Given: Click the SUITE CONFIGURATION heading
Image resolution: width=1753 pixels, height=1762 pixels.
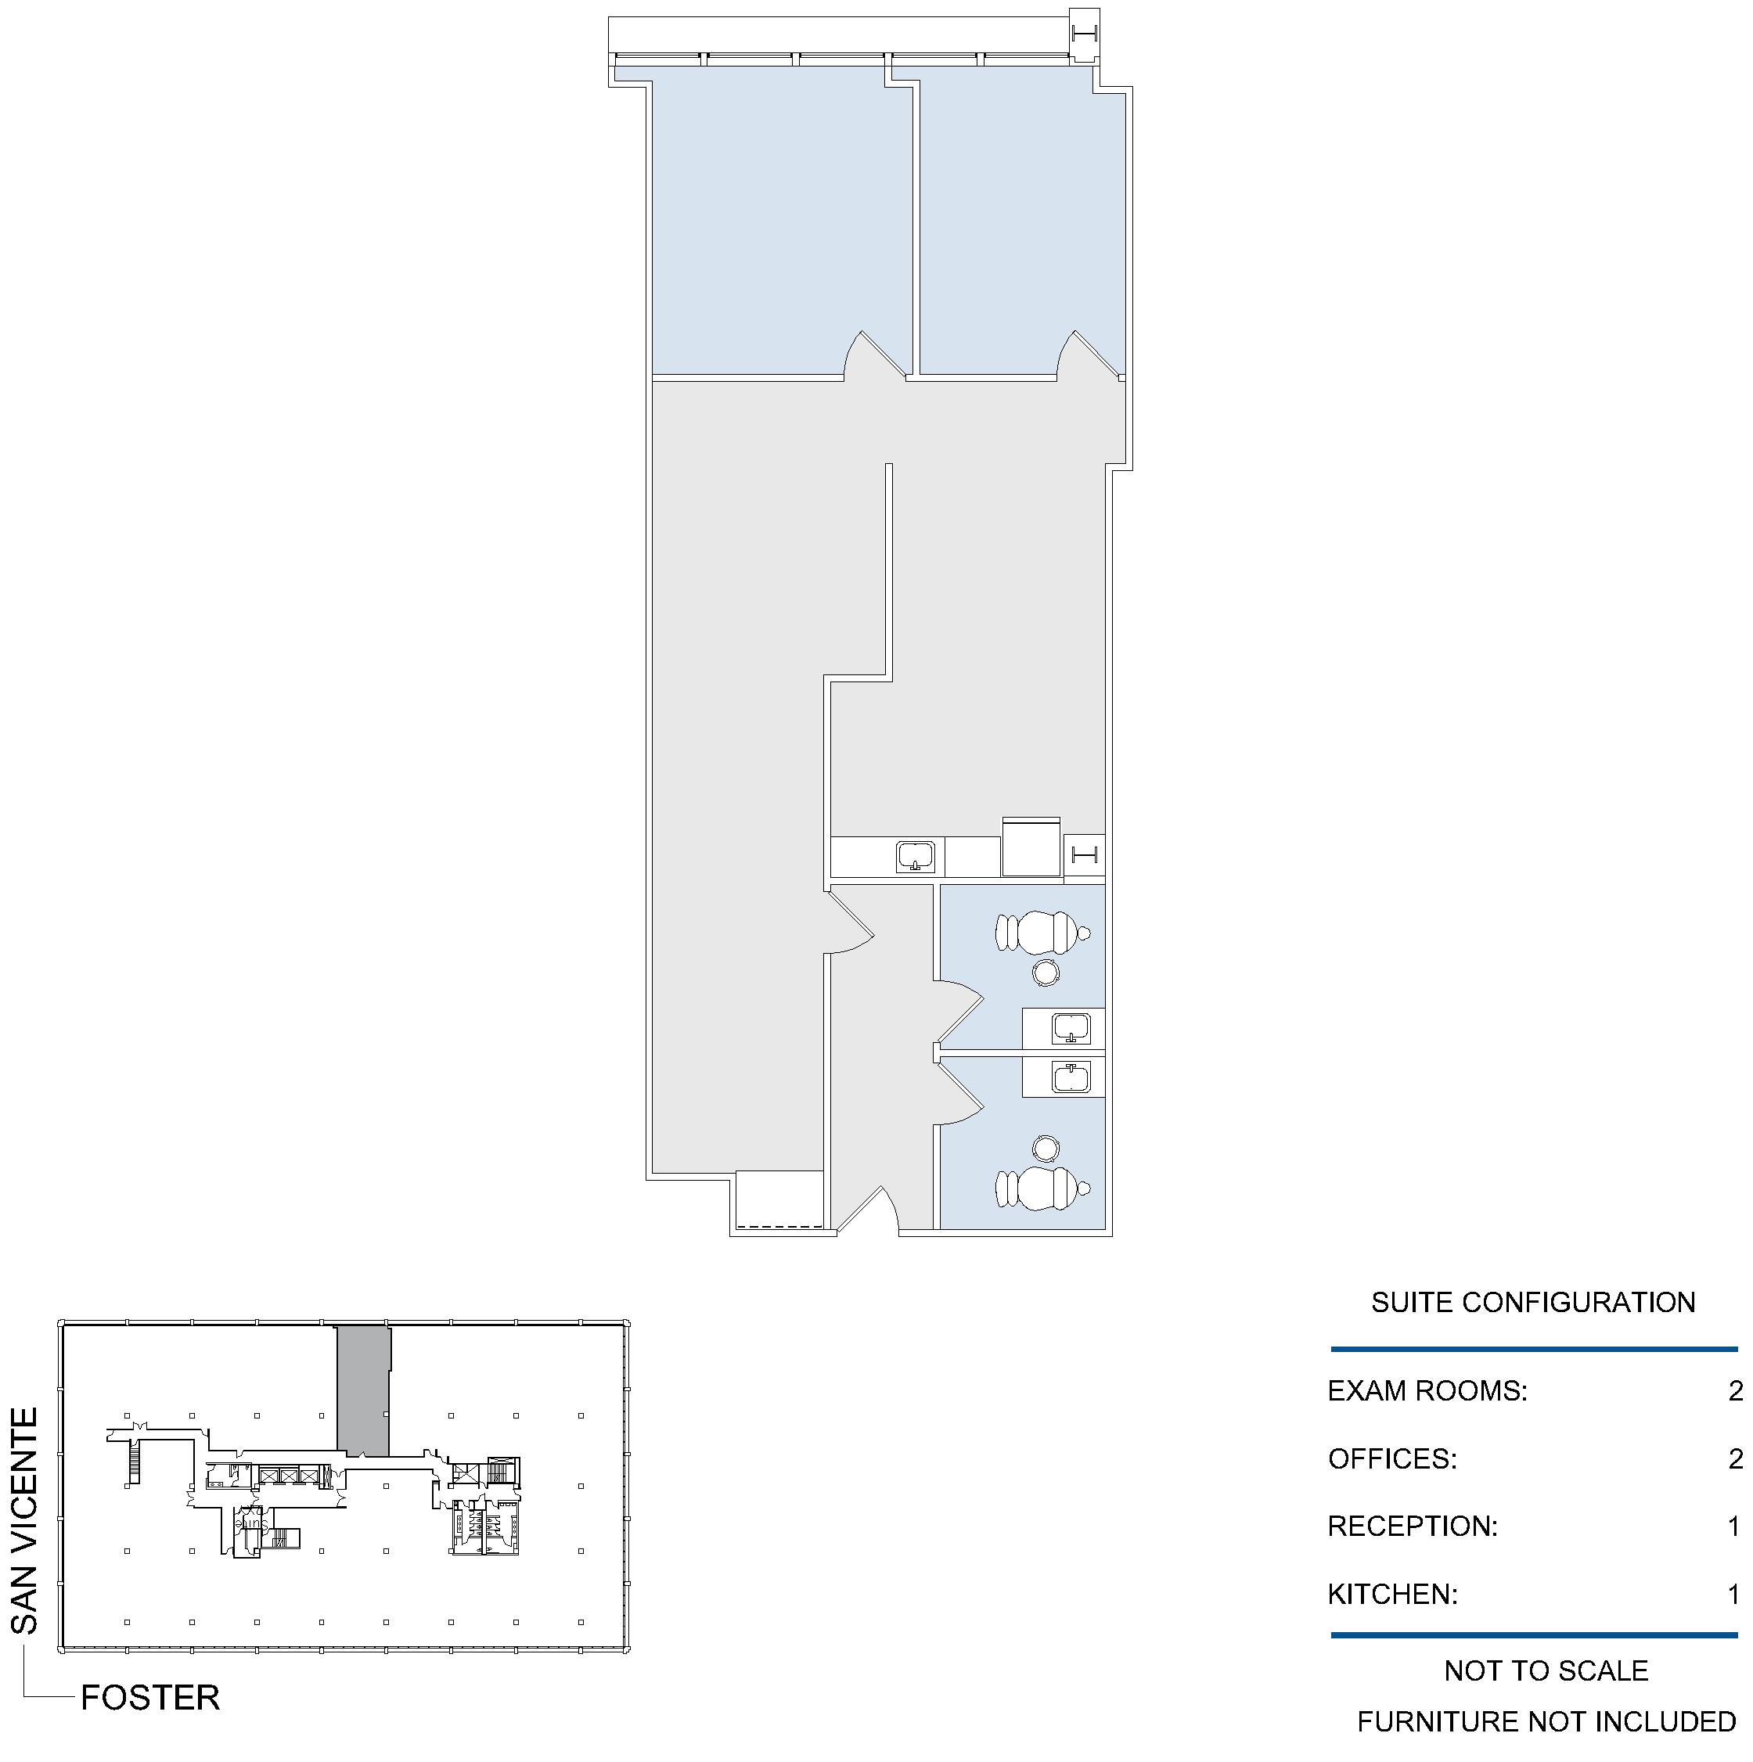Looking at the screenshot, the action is (1533, 1303).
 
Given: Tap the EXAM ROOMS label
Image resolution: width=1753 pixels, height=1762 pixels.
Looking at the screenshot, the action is (1427, 1391).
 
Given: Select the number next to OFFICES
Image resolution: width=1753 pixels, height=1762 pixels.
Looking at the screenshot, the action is (1736, 1459).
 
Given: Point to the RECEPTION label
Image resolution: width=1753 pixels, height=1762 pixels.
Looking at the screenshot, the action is (1413, 1526).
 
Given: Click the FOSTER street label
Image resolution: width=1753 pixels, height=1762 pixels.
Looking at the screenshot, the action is (150, 1698).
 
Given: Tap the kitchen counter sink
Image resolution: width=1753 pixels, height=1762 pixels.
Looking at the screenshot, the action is (915, 858).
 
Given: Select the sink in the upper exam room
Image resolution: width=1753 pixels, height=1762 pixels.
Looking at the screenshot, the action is (1071, 1028).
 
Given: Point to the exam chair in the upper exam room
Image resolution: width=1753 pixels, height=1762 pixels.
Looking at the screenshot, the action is (1042, 932).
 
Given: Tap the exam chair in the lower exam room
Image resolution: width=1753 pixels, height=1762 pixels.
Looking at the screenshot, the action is (1042, 1188).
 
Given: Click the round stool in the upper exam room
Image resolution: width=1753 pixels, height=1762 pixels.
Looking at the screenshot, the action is (1046, 973).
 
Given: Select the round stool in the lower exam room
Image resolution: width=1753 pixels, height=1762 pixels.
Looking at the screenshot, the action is (1046, 1149).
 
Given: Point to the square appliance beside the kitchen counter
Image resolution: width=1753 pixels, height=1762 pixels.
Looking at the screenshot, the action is (1031, 847).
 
